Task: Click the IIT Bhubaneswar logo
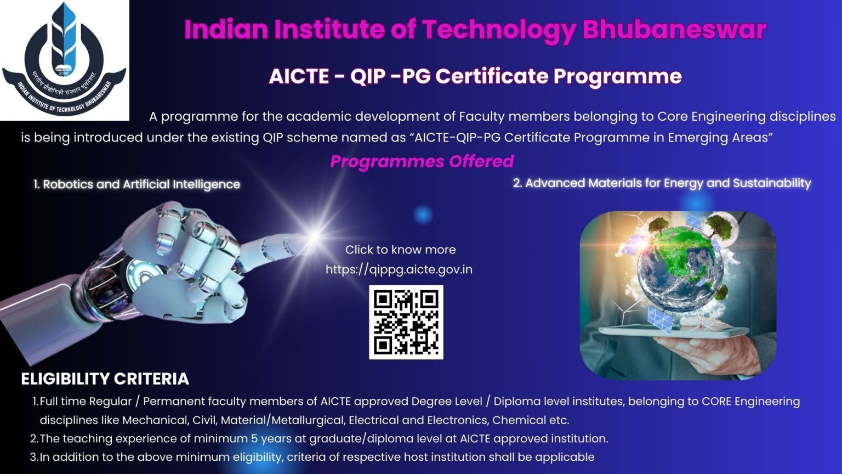pos(64,59)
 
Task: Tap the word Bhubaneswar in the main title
pos(674,30)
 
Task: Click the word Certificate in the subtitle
pos(492,76)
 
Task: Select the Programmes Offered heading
pos(422,161)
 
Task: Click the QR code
pos(406,322)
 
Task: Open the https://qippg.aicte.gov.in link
pos(399,269)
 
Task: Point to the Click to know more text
pos(400,250)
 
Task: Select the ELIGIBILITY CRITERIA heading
pos(105,379)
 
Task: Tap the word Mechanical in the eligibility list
pos(155,420)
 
